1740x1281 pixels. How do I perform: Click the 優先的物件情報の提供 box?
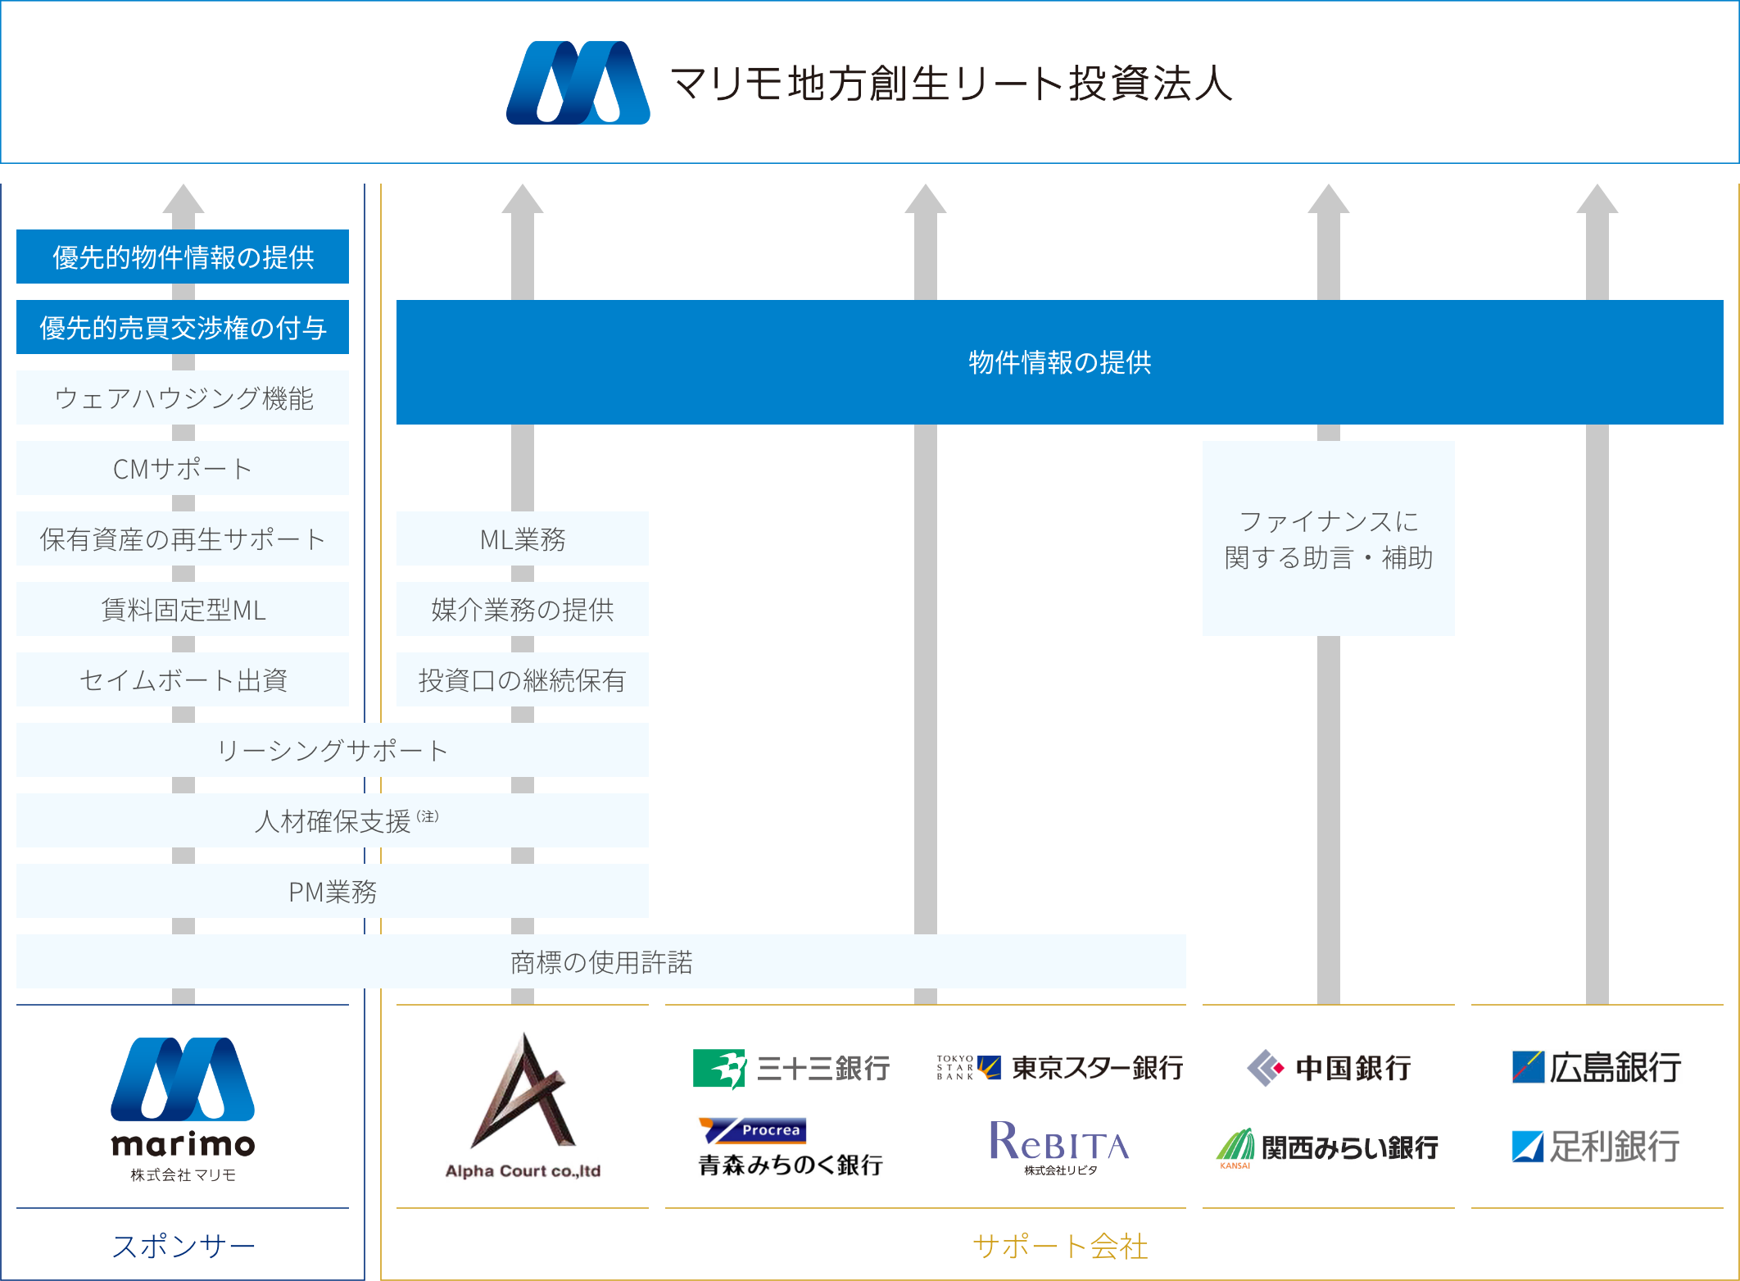click(183, 257)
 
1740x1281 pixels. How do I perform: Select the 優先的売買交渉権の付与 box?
click(183, 327)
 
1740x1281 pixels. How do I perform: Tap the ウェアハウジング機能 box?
click(183, 397)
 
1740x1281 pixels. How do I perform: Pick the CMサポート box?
click(183, 468)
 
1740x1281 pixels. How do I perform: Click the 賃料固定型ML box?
click(183, 609)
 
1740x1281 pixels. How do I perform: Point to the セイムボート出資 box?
click(183, 679)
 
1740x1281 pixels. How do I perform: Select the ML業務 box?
click(523, 538)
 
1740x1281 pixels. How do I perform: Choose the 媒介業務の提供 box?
click(523, 609)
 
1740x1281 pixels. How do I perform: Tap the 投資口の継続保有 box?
click(523, 679)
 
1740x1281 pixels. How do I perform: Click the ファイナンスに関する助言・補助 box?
click(1328, 538)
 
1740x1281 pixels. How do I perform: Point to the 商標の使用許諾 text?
click(601, 961)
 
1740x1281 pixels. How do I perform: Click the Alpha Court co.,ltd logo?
click(523, 1105)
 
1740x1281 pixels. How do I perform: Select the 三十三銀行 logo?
click(791, 1068)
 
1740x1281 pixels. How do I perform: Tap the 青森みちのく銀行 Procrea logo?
click(791, 1147)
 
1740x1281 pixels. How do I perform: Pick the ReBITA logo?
click(1059, 1146)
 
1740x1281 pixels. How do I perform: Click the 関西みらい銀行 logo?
click(1328, 1148)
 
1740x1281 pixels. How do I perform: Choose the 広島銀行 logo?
click(1597, 1067)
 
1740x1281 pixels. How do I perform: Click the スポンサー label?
click(184, 1246)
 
